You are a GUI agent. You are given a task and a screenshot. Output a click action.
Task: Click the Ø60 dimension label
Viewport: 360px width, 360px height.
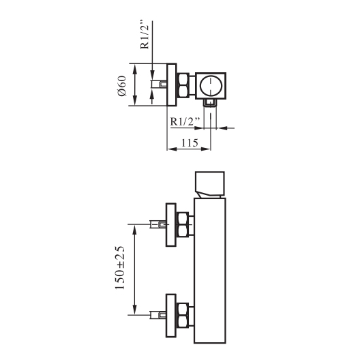(x=122, y=86)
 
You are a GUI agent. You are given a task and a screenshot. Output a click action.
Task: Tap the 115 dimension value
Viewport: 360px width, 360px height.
(x=190, y=143)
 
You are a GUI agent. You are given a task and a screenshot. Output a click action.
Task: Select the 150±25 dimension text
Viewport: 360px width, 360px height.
(x=120, y=268)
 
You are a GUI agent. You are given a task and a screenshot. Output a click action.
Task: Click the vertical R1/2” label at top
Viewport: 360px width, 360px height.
(x=145, y=35)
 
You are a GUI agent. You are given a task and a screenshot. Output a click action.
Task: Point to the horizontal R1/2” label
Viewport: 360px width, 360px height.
(x=185, y=121)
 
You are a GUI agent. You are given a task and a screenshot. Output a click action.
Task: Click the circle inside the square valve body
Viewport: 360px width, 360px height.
(x=211, y=86)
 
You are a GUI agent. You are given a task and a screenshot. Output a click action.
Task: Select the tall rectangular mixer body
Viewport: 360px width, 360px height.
(x=210, y=271)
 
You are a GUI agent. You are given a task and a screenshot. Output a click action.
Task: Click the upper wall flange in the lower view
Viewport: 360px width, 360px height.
(x=171, y=225)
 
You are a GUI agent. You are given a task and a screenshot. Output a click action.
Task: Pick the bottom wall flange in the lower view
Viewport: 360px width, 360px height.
(x=171, y=316)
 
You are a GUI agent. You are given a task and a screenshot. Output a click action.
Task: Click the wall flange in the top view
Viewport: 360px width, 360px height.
(x=172, y=85)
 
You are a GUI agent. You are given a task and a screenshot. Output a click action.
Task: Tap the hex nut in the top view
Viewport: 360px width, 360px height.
(x=183, y=85)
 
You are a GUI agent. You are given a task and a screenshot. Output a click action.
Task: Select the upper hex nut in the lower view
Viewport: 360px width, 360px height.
(x=183, y=224)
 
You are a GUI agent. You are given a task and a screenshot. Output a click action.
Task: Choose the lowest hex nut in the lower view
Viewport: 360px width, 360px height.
(x=183, y=316)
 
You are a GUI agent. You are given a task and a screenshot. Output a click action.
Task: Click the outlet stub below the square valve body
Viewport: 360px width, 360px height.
(x=210, y=104)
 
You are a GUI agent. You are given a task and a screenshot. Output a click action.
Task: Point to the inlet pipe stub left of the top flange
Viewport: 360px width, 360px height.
(x=159, y=84)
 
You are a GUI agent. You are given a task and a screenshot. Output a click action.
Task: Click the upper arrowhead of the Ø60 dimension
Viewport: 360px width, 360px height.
(x=135, y=69)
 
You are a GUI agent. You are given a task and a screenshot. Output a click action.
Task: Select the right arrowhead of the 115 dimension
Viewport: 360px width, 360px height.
(x=205, y=149)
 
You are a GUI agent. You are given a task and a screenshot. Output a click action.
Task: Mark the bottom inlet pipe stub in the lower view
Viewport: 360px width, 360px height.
(x=158, y=315)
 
